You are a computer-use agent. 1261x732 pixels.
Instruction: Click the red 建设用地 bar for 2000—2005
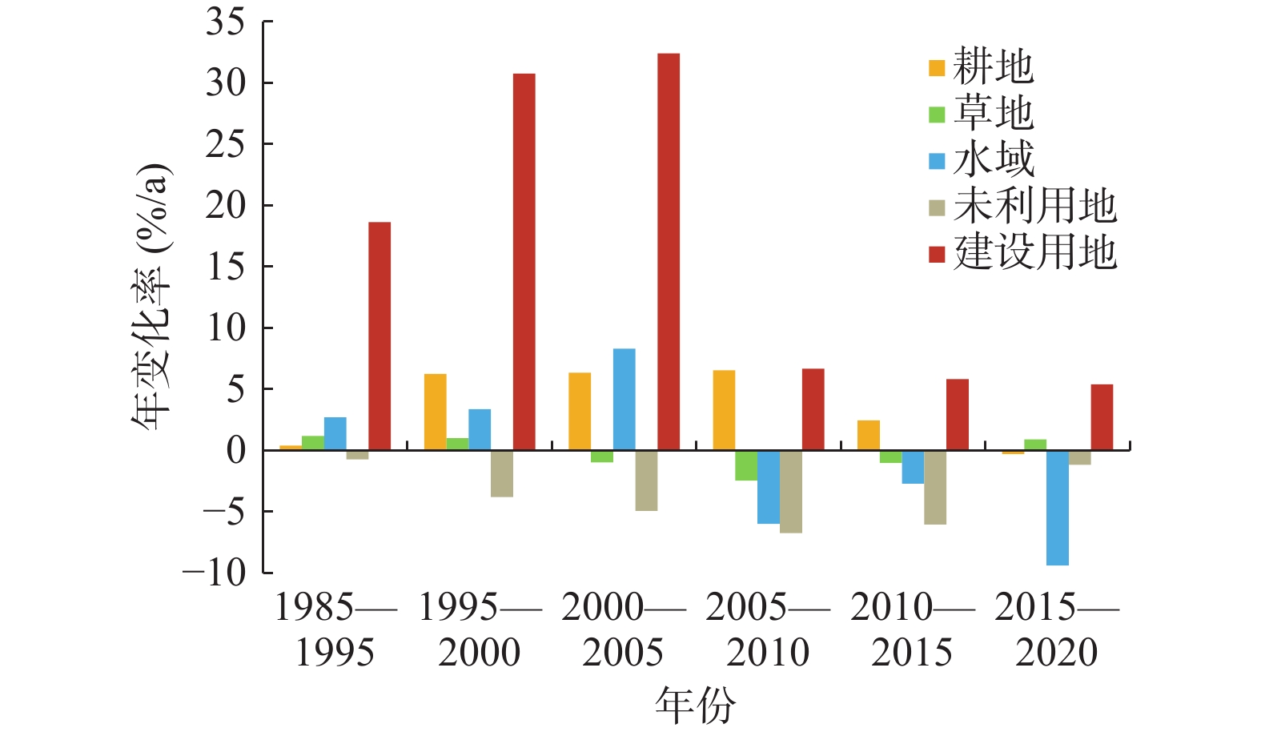pyautogui.click(x=669, y=251)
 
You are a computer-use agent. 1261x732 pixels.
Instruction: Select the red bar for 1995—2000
pyautogui.click(x=524, y=262)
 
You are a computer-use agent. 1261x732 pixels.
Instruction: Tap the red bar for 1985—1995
pyautogui.click(x=380, y=336)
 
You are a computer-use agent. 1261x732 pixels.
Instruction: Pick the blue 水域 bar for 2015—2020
pyautogui.click(x=1057, y=508)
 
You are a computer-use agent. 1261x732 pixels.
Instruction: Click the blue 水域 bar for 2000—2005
pyautogui.click(x=624, y=399)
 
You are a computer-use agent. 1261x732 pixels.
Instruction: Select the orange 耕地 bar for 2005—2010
pyautogui.click(x=724, y=410)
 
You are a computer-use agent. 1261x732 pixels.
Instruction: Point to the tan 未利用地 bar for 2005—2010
pyautogui.click(x=790, y=492)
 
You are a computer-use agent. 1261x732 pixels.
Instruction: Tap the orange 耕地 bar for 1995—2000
pyautogui.click(x=436, y=412)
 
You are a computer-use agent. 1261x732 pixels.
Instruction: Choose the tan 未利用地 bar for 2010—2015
pyautogui.click(x=934, y=487)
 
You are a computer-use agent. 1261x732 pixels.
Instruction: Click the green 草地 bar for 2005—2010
pyautogui.click(x=746, y=465)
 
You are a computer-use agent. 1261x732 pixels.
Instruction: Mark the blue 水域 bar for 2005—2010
pyautogui.click(x=769, y=487)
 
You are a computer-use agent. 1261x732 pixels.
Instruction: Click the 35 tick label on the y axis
pyautogui.click(x=225, y=22)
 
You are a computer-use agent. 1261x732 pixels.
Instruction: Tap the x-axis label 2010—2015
pyautogui.click(x=912, y=630)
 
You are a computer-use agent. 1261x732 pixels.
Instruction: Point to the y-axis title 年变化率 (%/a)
pyautogui.click(x=151, y=296)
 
